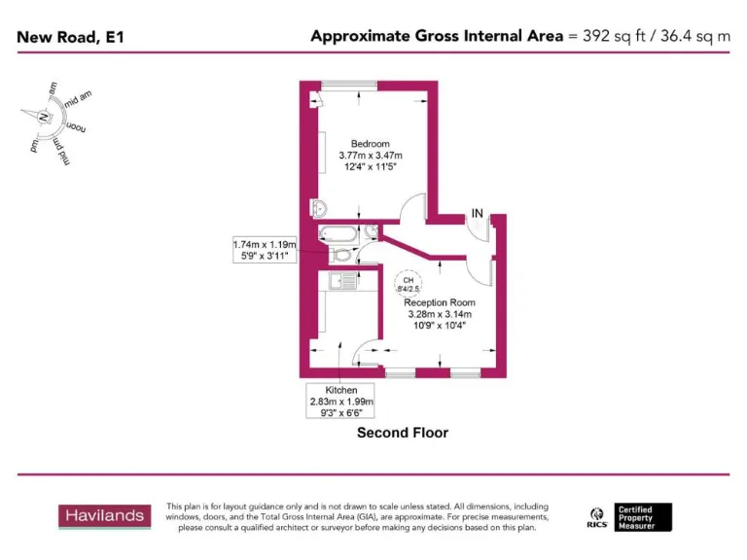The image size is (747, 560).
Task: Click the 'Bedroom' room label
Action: [370, 145]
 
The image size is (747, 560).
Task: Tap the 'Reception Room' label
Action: [439, 302]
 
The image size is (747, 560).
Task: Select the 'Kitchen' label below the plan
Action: [341, 390]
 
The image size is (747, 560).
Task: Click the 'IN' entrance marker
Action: [477, 213]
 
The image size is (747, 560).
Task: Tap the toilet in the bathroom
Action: [340, 255]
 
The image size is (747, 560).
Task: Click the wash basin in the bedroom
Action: [320, 208]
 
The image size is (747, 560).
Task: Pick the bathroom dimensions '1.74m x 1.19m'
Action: [264, 244]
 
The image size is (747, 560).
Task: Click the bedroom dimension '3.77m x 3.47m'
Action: [370, 156]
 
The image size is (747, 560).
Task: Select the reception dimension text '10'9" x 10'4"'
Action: [439, 325]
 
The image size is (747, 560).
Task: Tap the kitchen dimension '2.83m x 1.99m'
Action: [341, 401]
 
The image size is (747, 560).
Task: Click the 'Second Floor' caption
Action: [403, 433]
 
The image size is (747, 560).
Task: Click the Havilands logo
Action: [105, 515]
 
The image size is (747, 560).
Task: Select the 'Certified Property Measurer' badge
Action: [643, 516]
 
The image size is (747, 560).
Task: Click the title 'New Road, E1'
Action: [70, 37]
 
